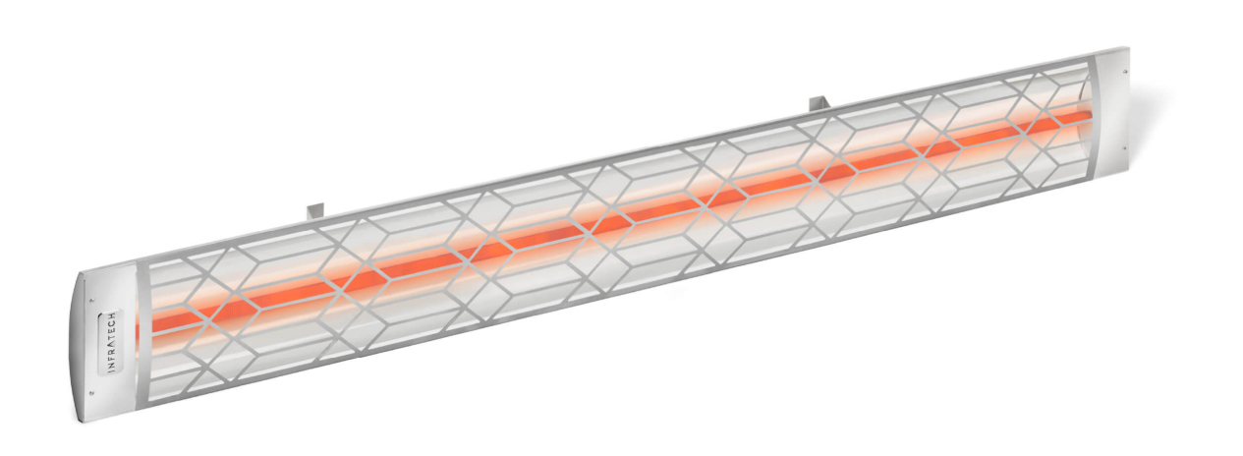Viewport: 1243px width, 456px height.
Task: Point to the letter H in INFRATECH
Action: pyautogui.click(x=110, y=315)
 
